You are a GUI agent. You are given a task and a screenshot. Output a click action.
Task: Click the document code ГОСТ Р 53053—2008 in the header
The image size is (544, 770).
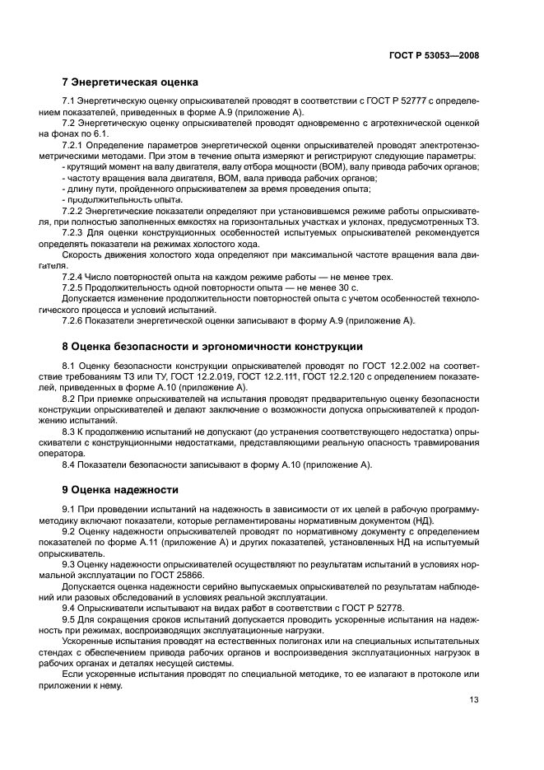coord(434,54)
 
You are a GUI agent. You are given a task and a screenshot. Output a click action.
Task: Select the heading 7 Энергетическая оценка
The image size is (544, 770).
coord(129,82)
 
